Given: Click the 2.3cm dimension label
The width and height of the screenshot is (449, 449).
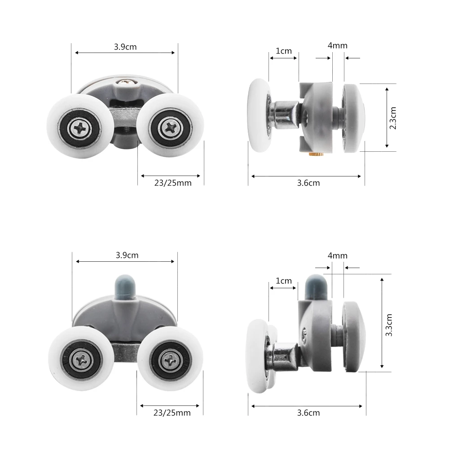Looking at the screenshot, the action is (393, 118).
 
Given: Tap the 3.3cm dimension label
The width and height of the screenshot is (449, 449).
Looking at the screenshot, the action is (388, 325).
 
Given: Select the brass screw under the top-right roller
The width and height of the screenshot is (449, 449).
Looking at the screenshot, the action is (316, 154).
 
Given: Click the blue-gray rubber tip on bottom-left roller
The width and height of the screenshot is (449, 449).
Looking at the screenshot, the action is (125, 286).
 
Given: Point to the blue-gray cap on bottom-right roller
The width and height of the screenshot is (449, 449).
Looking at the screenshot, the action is (316, 287).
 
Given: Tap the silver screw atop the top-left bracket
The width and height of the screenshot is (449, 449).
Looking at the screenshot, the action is (126, 82).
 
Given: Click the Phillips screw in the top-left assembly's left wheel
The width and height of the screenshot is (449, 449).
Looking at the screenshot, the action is (80, 128).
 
